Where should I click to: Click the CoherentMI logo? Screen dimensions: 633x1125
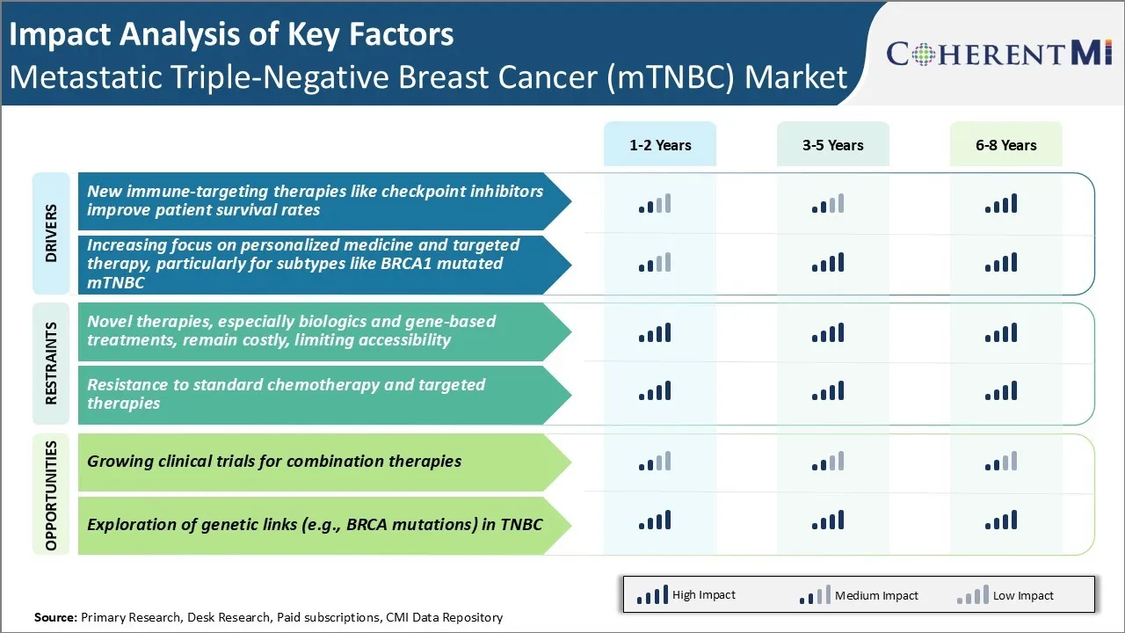coord(999,54)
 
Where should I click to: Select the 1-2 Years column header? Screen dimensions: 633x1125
coord(660,145)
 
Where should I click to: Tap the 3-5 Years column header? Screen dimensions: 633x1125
coord(832,145)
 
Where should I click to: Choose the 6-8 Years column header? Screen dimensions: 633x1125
coord(1005,145)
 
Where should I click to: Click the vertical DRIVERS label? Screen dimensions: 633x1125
coord(51,233)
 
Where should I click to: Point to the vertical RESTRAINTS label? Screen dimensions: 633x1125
coord(51,363)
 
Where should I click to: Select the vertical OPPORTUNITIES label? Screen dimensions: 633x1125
coord(51,495)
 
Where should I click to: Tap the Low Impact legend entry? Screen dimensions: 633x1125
coord(1005,595)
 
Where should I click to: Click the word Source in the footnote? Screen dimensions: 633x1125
coord(55,617)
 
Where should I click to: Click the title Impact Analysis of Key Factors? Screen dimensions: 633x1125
coord(231,34)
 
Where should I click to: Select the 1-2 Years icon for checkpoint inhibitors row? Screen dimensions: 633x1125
coord(655,204)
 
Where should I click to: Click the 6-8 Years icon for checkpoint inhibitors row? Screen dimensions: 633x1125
coord(1001,204)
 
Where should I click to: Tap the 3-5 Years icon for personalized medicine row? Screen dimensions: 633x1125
coord(828,262)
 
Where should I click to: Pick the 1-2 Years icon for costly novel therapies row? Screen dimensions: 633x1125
coord(655,332)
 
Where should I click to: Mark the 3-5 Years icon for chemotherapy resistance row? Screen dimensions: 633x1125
coord(828,390)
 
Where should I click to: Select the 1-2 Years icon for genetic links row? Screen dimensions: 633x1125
coord(655,520)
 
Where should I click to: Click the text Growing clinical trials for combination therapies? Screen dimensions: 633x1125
coord(274,462)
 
